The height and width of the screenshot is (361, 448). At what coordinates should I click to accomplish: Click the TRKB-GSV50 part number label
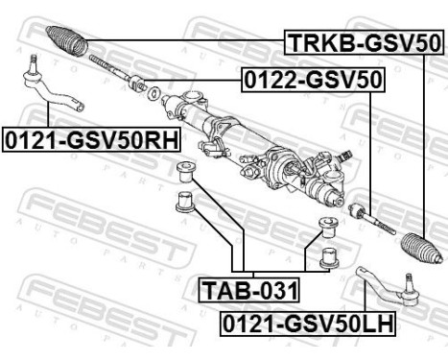tap(362, 43)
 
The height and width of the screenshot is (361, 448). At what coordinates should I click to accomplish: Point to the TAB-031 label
tap(248, 287)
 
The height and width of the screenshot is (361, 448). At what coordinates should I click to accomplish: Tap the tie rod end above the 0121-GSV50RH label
tap(53, 92)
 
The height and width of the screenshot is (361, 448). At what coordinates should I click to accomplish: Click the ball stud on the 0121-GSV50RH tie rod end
tap(32, 67)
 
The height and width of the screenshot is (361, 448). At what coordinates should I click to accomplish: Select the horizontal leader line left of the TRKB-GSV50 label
tap(182, 41)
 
